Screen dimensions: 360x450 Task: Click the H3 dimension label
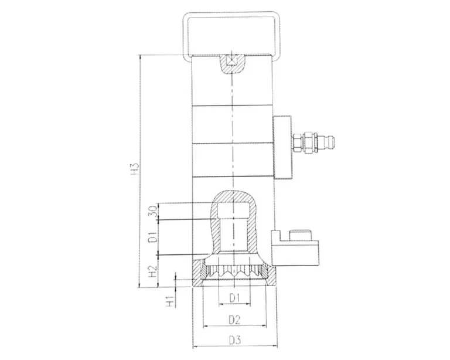point(134,171)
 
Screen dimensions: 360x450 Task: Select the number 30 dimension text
point(152,211)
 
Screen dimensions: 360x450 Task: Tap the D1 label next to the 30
point(152,237)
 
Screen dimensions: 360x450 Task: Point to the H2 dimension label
point(152,271)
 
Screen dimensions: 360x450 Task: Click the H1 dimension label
point(169,302)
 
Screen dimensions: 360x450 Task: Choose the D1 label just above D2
point(235,298)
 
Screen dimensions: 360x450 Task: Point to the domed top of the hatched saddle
point(233,194)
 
